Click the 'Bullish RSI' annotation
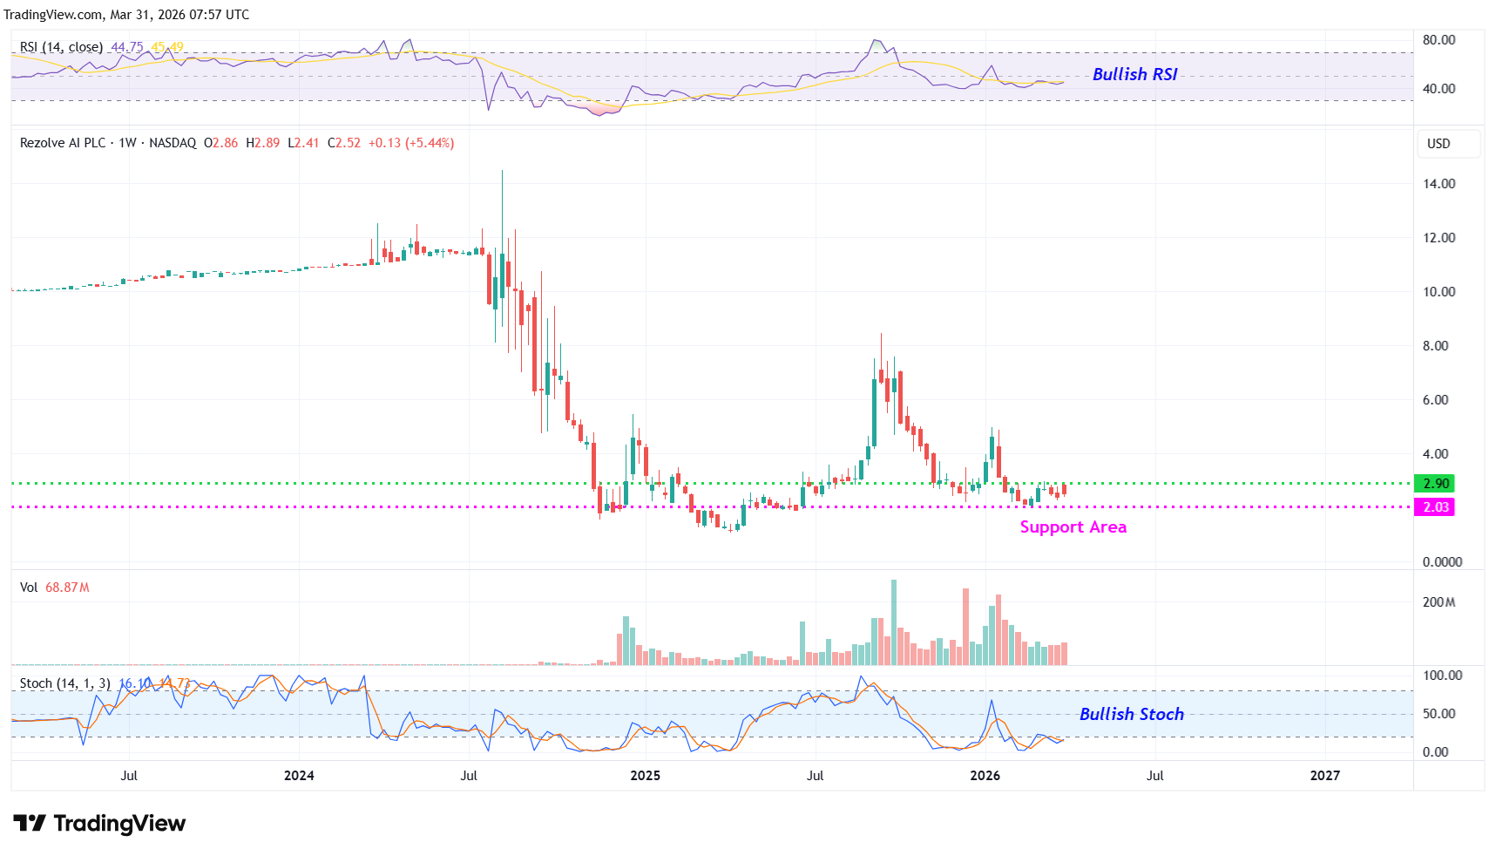[x=1134, y=74]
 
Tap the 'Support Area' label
[x=1073, y=527]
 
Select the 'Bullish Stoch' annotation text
[x=1131, y=714]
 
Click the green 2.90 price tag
[x=1435, y=484]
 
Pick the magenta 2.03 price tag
[x=1435, y=507]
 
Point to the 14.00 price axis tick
[x=1438, y=184]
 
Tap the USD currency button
[x=1438, y=144]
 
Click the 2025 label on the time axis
[x=645, y=776]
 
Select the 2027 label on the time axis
[x=1324, y=776]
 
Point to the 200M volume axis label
[x=1438, y=602]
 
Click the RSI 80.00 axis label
[x=1438, y=40]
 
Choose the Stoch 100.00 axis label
[x=1442, y=676]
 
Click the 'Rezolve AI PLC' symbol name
[x=63, y=143]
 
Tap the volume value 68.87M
[x=67, y=588]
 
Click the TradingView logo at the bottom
[x=99, y=824]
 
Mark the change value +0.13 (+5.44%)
[x=411, y=143]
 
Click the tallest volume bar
[x=893, y=622]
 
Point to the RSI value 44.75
[x=127, y=47]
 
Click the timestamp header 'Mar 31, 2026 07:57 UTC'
[x=179, y=15]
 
